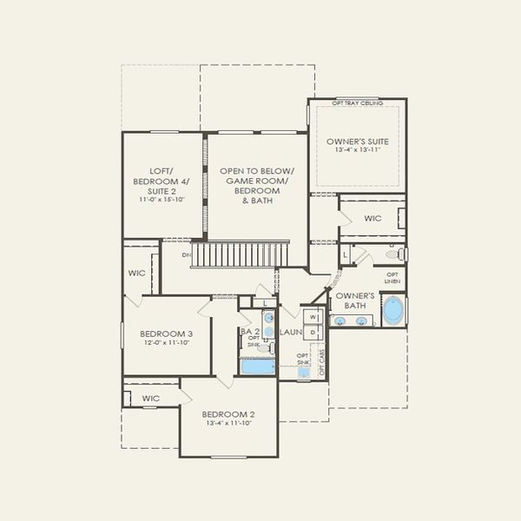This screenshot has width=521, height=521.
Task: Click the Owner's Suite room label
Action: point(357,141)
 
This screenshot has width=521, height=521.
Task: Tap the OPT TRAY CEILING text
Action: point(357,104)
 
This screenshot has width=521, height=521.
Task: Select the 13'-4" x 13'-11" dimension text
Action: point(357,150)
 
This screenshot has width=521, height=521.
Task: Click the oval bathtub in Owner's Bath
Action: point(392,310)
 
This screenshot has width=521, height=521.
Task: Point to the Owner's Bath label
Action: point(354,300)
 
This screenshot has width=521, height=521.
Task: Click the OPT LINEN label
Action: point(392,278)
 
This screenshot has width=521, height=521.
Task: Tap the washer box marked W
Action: point(313,317)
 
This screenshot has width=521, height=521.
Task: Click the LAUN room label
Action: point(291,332)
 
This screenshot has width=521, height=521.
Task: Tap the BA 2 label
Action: point(250,332)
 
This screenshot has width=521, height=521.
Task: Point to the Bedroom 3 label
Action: point(166,333)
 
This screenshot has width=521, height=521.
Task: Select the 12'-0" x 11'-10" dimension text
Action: point(166,343)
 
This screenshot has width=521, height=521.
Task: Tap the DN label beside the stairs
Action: point(187,255)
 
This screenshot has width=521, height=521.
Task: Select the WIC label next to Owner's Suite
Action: point(373,218)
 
